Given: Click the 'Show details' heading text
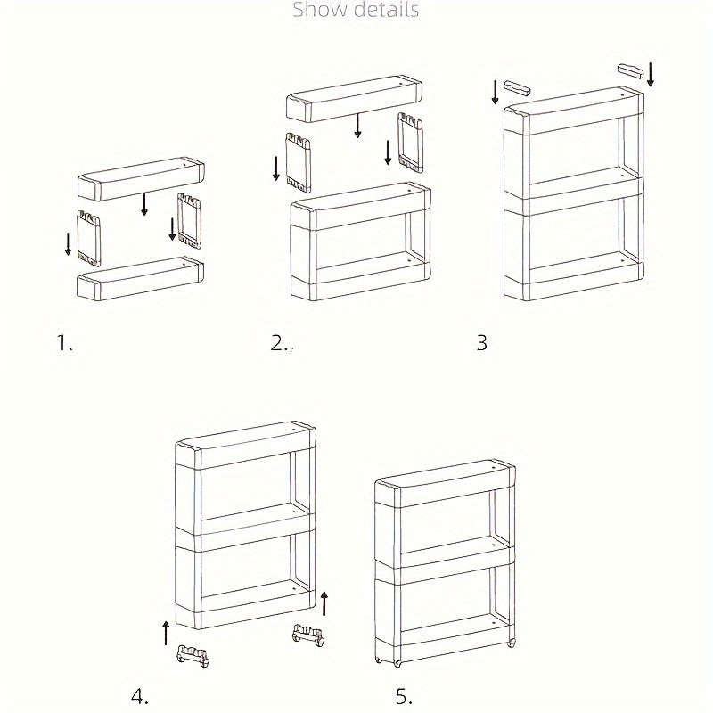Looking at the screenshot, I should (356, 11).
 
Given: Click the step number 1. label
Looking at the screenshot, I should (64, 343).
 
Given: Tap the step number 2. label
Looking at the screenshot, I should (281, 343).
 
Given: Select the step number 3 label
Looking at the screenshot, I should (481, 343).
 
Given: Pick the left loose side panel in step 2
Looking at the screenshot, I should (298, 161).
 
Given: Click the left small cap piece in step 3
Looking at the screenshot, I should (517, 87).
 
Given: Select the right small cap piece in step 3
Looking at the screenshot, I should (631, 70).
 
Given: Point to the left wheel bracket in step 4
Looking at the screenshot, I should (193, 655).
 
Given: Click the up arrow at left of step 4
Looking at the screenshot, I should (166, 634).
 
